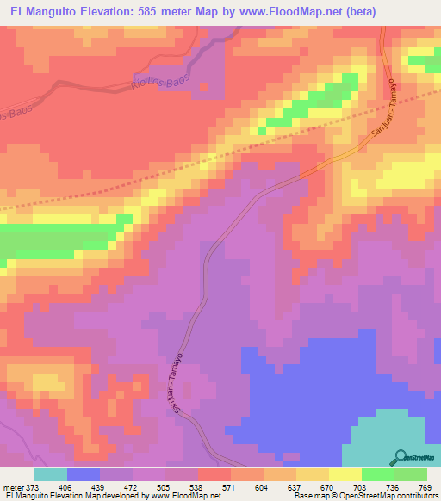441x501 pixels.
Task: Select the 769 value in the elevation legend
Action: pos(425,486)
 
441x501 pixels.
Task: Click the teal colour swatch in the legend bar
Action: pos(51,474)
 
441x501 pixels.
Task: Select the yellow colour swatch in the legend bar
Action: pos(345,474)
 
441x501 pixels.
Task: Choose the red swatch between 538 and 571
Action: pos(214,474)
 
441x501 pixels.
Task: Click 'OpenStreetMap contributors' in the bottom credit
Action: pos(388,497)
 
